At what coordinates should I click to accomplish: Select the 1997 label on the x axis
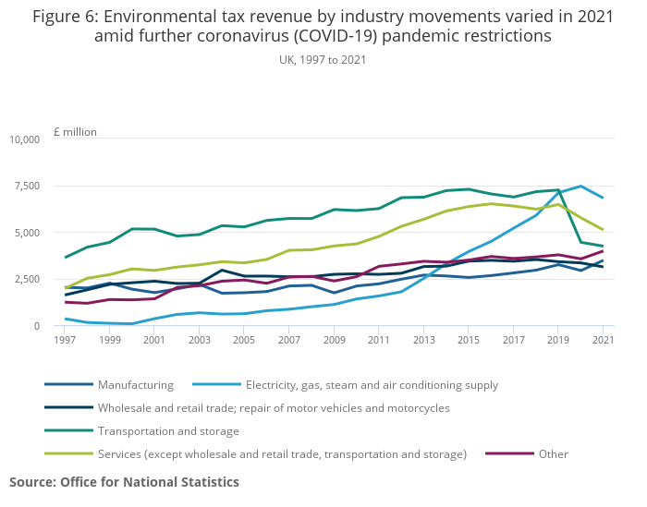pyautogui.click(x=65, y=341)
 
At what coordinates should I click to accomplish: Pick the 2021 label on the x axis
pyautogui.click(x=603, y=341)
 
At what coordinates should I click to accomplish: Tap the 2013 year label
pyautogui.click(x=422, y=341)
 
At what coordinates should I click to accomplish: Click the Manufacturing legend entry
pyautogui.click(x=135, y=385)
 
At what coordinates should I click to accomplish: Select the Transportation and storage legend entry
pyautogui.click(x=167, y=430)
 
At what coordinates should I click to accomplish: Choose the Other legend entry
pyautogui.click(x=555, y=453)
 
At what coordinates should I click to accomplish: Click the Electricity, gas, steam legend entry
pyautogui.click(x=372, y=385)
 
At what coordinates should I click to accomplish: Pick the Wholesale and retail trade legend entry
pyautogui.click(x=273, y=407)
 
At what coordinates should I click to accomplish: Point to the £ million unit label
pyautogui.click(x=75, y=132)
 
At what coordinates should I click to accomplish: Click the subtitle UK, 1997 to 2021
pyautogui.click(x=323, y=59)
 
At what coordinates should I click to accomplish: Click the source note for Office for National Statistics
pyautogui.click(x=124, y=482)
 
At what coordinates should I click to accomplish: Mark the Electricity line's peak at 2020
pyautogui.click(x=580, y=187)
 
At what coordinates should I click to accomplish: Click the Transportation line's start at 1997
pyautogui.click(x=65, y=257)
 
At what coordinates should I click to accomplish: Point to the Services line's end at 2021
pyautogui.click(x=603, y=229)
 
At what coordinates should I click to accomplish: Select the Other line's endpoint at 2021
pyautogui.click(x=603, y=251)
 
